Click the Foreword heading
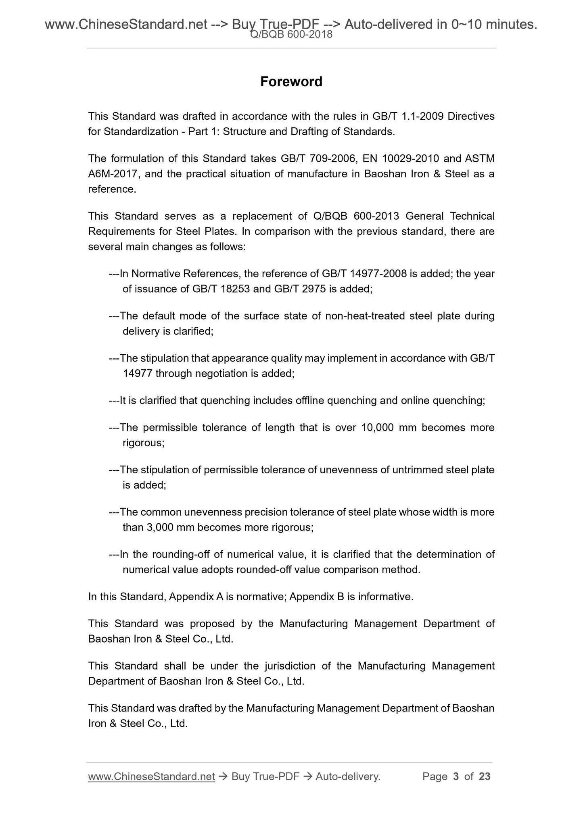(291, 82)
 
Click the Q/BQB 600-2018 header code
(291, 35)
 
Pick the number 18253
(235, 289)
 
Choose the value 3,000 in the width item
(158, 528)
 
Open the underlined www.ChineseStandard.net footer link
(151, 776)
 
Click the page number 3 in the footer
(456, 776)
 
